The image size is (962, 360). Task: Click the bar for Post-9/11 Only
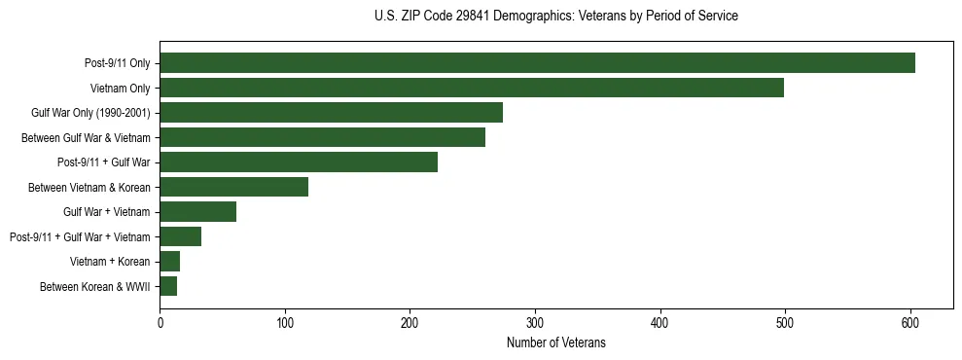537,63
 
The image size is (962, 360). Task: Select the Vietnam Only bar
472,88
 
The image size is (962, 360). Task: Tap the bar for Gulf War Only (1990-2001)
331,113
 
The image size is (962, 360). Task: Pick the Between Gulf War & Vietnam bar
322,137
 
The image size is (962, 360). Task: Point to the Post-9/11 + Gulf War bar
299,162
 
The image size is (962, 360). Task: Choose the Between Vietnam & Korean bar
233,187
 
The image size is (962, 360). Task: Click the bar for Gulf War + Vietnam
197,212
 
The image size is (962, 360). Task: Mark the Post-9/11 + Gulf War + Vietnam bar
180,236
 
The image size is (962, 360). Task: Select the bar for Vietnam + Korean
169,262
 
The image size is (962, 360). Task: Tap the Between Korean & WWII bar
168,286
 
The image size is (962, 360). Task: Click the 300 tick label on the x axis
535,322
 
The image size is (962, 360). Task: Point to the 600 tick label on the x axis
910,322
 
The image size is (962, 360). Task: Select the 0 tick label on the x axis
160,322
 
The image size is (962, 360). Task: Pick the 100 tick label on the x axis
285,322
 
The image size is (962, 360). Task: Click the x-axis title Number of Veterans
555,342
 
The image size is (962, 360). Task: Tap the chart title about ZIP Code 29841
555,17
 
